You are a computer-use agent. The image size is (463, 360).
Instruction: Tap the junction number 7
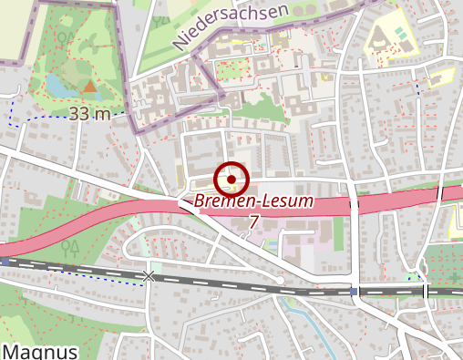pos(252,221)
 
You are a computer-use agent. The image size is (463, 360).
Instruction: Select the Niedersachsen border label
pos(229,26)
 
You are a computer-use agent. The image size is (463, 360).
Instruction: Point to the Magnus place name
pos(39,351)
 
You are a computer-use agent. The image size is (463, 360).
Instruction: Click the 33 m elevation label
pos(89,114)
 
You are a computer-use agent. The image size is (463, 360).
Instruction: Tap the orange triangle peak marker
pos(89,87)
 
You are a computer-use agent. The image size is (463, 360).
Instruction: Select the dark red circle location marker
pos(231,178)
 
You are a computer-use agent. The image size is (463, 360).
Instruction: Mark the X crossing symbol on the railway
pos(149,275)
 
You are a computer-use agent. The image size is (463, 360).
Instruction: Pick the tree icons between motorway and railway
pos(68,247)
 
